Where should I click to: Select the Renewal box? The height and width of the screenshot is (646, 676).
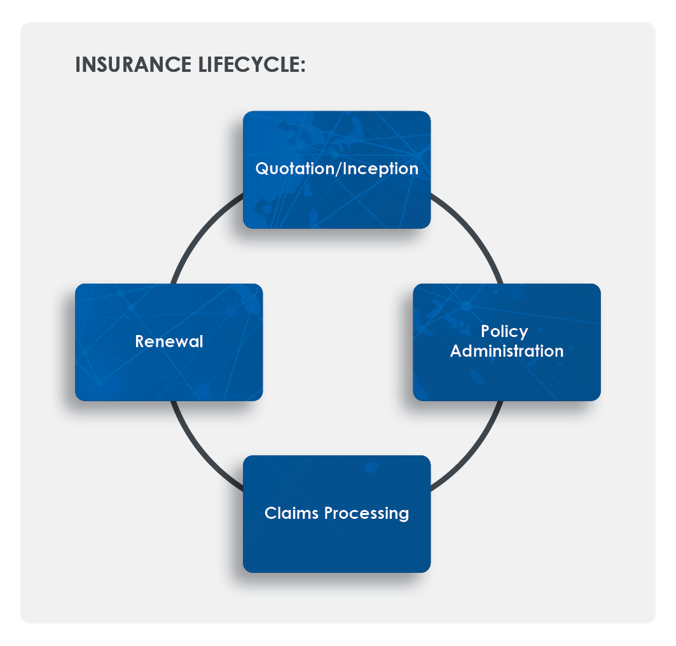click(x=169, y=369)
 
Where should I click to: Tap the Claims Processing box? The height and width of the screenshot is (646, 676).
click(x=336, y=540)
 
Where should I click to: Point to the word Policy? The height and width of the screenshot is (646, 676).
click(x=504, y=331)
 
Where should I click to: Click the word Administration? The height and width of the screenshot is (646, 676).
click(x=506, y=351)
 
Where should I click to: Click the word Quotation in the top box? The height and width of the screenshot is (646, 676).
click(x=294, y=169)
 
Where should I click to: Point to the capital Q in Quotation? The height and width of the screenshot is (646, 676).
click(x=261, y=169)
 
